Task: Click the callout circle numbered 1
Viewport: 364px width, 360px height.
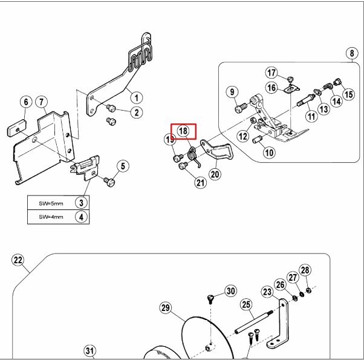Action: click(x=137, y=97)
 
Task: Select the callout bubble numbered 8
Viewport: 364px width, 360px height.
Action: click(x=351, y=54)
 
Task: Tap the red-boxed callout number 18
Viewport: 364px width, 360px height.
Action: click(x=183, y=130)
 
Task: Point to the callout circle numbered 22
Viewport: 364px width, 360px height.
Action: click(x=18, y=261)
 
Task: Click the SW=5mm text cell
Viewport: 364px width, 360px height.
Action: click(x=51, y=203)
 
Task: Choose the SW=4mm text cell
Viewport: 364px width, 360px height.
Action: click(x=51, y=217)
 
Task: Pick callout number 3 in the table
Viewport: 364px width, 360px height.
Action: click(x=80, y=203)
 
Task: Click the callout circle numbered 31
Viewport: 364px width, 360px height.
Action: click(x=89, y=351)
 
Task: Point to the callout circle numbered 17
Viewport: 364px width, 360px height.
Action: click(x=271, y=73)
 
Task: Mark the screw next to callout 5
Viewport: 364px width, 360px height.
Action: click(x=109, y=181)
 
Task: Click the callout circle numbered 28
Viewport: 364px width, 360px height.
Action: click(x=305, y=270)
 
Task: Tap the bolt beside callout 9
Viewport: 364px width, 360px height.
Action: click(x=240, y=109)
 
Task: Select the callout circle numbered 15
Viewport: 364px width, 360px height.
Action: click(x=348, y=94)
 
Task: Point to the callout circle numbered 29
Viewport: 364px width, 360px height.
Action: click(x=166, y=309)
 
